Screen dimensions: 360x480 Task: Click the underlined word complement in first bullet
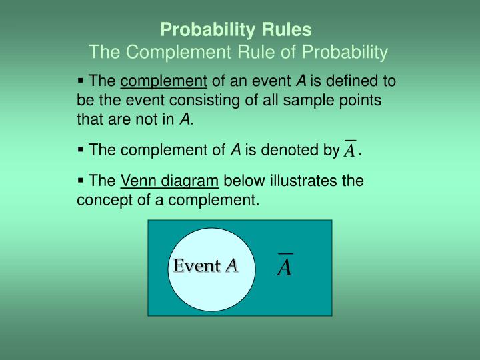pos(164,82)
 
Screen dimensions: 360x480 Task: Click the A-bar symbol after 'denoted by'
pos(349,150)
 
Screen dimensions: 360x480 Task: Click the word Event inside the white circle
pos(197,266)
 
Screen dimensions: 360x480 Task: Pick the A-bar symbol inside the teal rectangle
pos(285,265)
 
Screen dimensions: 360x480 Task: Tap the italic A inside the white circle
pos(231,266)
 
